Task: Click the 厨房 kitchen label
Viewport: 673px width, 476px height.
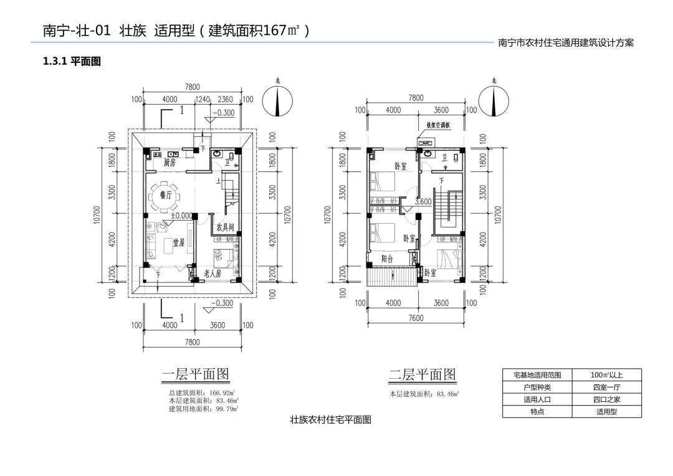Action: point(169,162)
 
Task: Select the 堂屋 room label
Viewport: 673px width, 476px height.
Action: point(179,242)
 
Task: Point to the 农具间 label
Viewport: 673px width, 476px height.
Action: point(225,227)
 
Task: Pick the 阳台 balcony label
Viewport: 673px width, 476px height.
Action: point(388,259)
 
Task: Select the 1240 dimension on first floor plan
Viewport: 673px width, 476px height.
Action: point(203,99)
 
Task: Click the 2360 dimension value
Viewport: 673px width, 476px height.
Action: point(225,99)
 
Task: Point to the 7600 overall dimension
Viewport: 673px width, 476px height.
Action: point(416,318)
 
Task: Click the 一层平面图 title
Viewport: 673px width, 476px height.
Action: point(196,374)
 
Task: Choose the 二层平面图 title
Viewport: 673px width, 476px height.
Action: point(422,374)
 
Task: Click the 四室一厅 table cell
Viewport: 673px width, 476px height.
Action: point(606,387)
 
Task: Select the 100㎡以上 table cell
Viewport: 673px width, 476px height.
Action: point(606,375)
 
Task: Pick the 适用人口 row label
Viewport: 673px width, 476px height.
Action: point(537,399)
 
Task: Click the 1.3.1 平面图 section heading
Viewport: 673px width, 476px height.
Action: point(71,61)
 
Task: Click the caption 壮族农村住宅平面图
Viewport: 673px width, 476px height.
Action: point(330,420)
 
